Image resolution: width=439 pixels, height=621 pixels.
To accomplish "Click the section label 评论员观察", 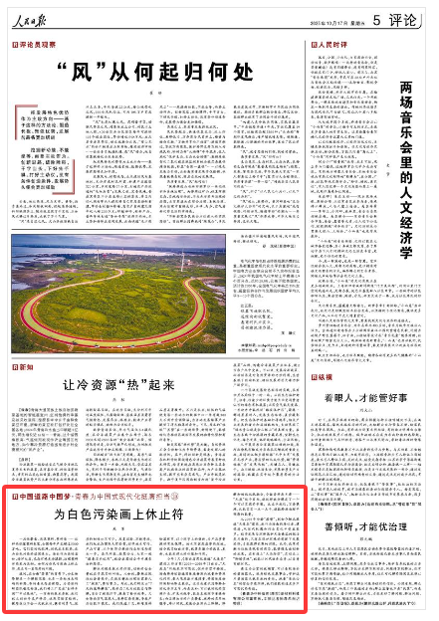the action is tap(36, 45).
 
